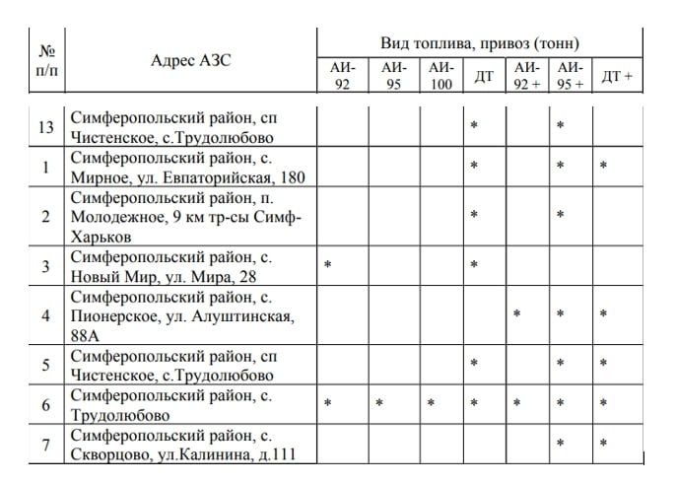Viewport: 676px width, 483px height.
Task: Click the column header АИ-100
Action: tap(441, 76)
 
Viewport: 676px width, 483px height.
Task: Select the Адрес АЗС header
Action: tap(191, 60)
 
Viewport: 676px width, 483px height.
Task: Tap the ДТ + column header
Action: tap(617, 76)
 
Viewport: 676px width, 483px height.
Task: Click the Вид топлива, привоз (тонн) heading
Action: tap(479, 43)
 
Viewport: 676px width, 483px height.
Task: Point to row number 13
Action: tap(44, 128)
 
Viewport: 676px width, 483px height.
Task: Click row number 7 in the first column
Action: tap(44, 447)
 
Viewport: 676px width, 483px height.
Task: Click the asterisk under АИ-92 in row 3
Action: tap(327, 265)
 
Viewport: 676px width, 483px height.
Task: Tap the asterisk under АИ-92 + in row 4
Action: tap(515, 314)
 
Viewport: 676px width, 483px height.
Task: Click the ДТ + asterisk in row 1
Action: tap(603, 166)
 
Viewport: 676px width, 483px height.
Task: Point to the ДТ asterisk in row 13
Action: tap(474, 126)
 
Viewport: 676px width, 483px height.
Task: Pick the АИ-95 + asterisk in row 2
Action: tap(560, 215)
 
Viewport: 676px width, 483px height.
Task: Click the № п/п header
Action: tap(44, 60)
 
